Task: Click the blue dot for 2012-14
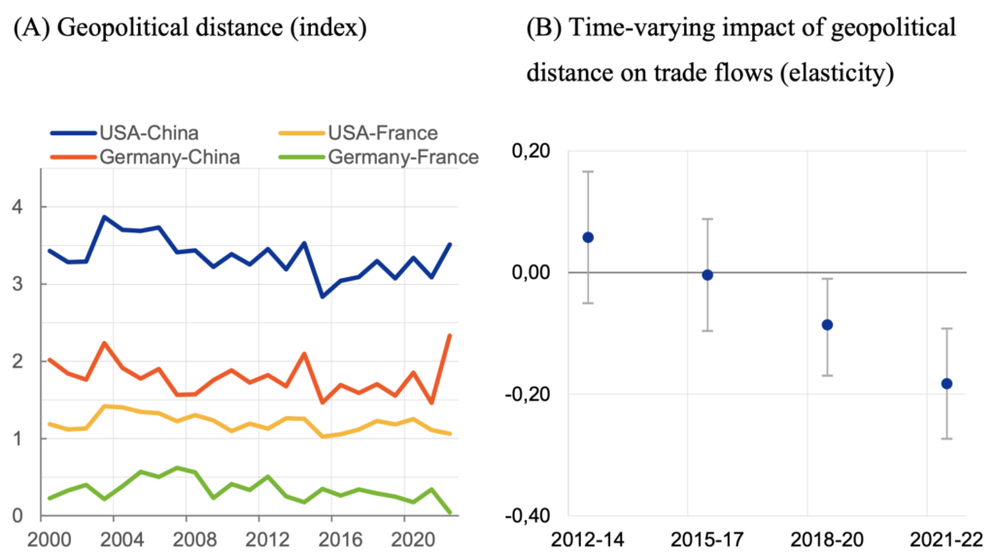pos(588,237)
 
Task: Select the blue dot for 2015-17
pos(708,275)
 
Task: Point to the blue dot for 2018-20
pos(828,325)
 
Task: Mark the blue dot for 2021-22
pos(947,383)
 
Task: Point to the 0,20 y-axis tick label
pos(530,152)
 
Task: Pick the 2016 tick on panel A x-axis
pos(336,537)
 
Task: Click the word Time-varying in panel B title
pos(631,28)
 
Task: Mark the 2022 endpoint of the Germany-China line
pos(449,335)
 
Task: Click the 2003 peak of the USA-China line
pos(104,217)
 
